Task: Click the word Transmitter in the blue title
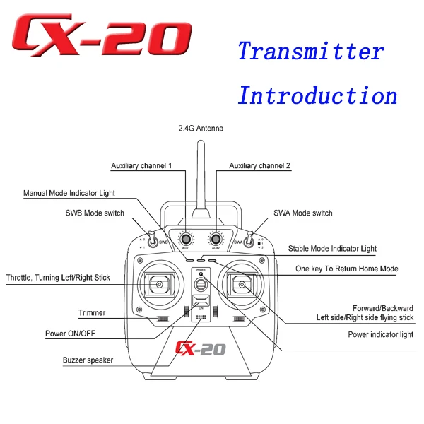[310, 52]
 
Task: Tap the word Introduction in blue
[317, 95]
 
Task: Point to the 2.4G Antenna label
[201, 129]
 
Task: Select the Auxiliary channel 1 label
[141, 166]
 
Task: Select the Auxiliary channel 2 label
[260, 166]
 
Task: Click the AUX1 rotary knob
[186, 239]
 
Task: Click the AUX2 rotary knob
[216, 239]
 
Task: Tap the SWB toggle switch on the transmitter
[150, 239]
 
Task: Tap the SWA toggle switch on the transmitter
[251, 239]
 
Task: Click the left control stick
[160, 285]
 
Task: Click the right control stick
[242, 285]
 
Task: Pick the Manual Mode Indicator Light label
[69, 193]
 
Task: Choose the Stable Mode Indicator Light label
[332, 249]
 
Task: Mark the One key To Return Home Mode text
[347, 269]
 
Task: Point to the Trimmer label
[92, 313]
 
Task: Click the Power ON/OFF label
[78, 333]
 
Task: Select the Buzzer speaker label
[88, 360]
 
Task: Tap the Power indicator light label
[380, 335]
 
